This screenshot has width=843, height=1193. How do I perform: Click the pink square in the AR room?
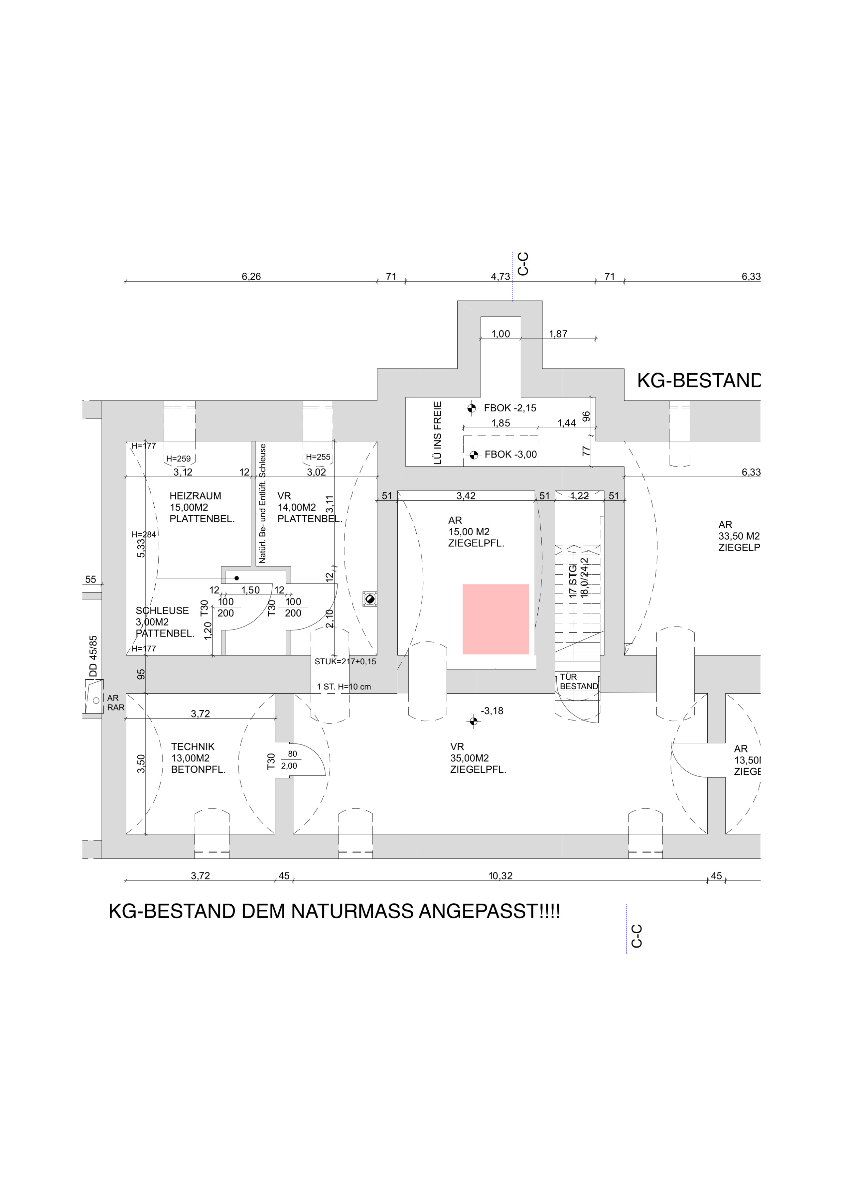[x=495, y=619]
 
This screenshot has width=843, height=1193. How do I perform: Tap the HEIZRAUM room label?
[x=195, y=496]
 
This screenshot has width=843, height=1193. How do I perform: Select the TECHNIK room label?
[x=193, y=747]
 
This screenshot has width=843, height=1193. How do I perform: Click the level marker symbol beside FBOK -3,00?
[x=473, y=455]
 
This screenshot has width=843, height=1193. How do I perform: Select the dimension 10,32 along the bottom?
[x=500, y=876]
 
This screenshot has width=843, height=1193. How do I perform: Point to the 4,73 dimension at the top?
[x=500, y=277]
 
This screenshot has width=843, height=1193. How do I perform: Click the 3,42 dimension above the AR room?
[x=466, y=496]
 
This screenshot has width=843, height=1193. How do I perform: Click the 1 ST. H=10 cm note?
[x=344, y=687]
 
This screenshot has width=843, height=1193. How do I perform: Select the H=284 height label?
[x=143, y=534]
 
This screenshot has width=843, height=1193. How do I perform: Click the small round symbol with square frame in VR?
[x=370, y=599]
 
